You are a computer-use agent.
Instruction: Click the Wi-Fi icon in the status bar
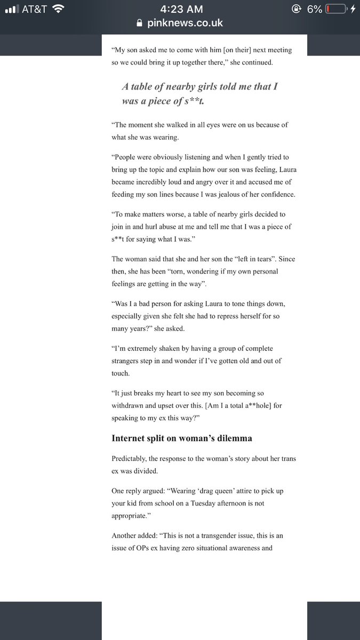click(59, 9)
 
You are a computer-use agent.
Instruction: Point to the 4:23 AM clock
click(180, 9)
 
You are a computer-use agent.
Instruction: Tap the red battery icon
click(335, 9)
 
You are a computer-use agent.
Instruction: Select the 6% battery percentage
click(314, 9)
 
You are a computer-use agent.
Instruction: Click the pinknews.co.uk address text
click(186, 23)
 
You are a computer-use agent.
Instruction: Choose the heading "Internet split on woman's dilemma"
click(182, 438)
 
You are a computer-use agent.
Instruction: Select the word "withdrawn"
click(132, 405)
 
